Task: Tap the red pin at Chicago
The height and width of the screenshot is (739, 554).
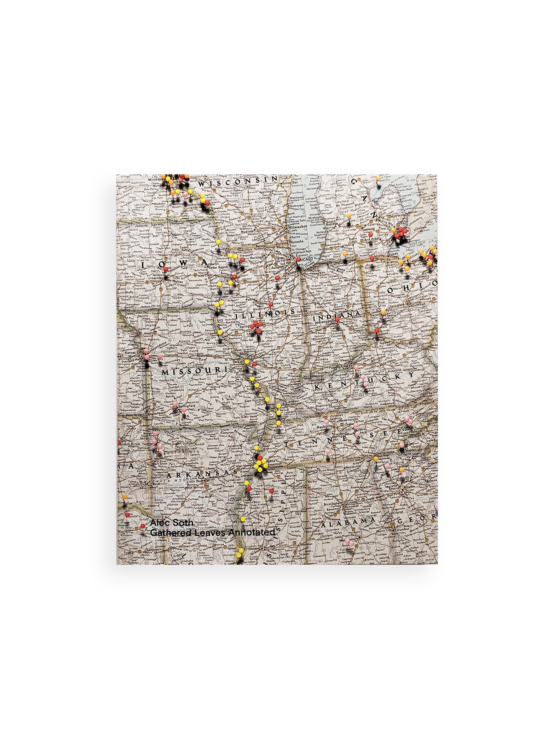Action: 298,259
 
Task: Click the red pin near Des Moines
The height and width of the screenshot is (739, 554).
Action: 166,269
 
